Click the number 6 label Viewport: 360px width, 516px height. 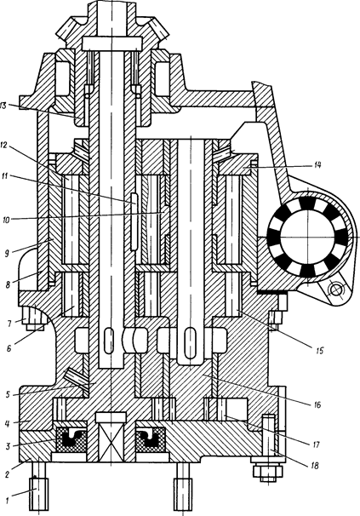(9, 347)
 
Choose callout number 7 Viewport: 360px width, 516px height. (9, 324)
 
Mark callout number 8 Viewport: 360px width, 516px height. (9, 284)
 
